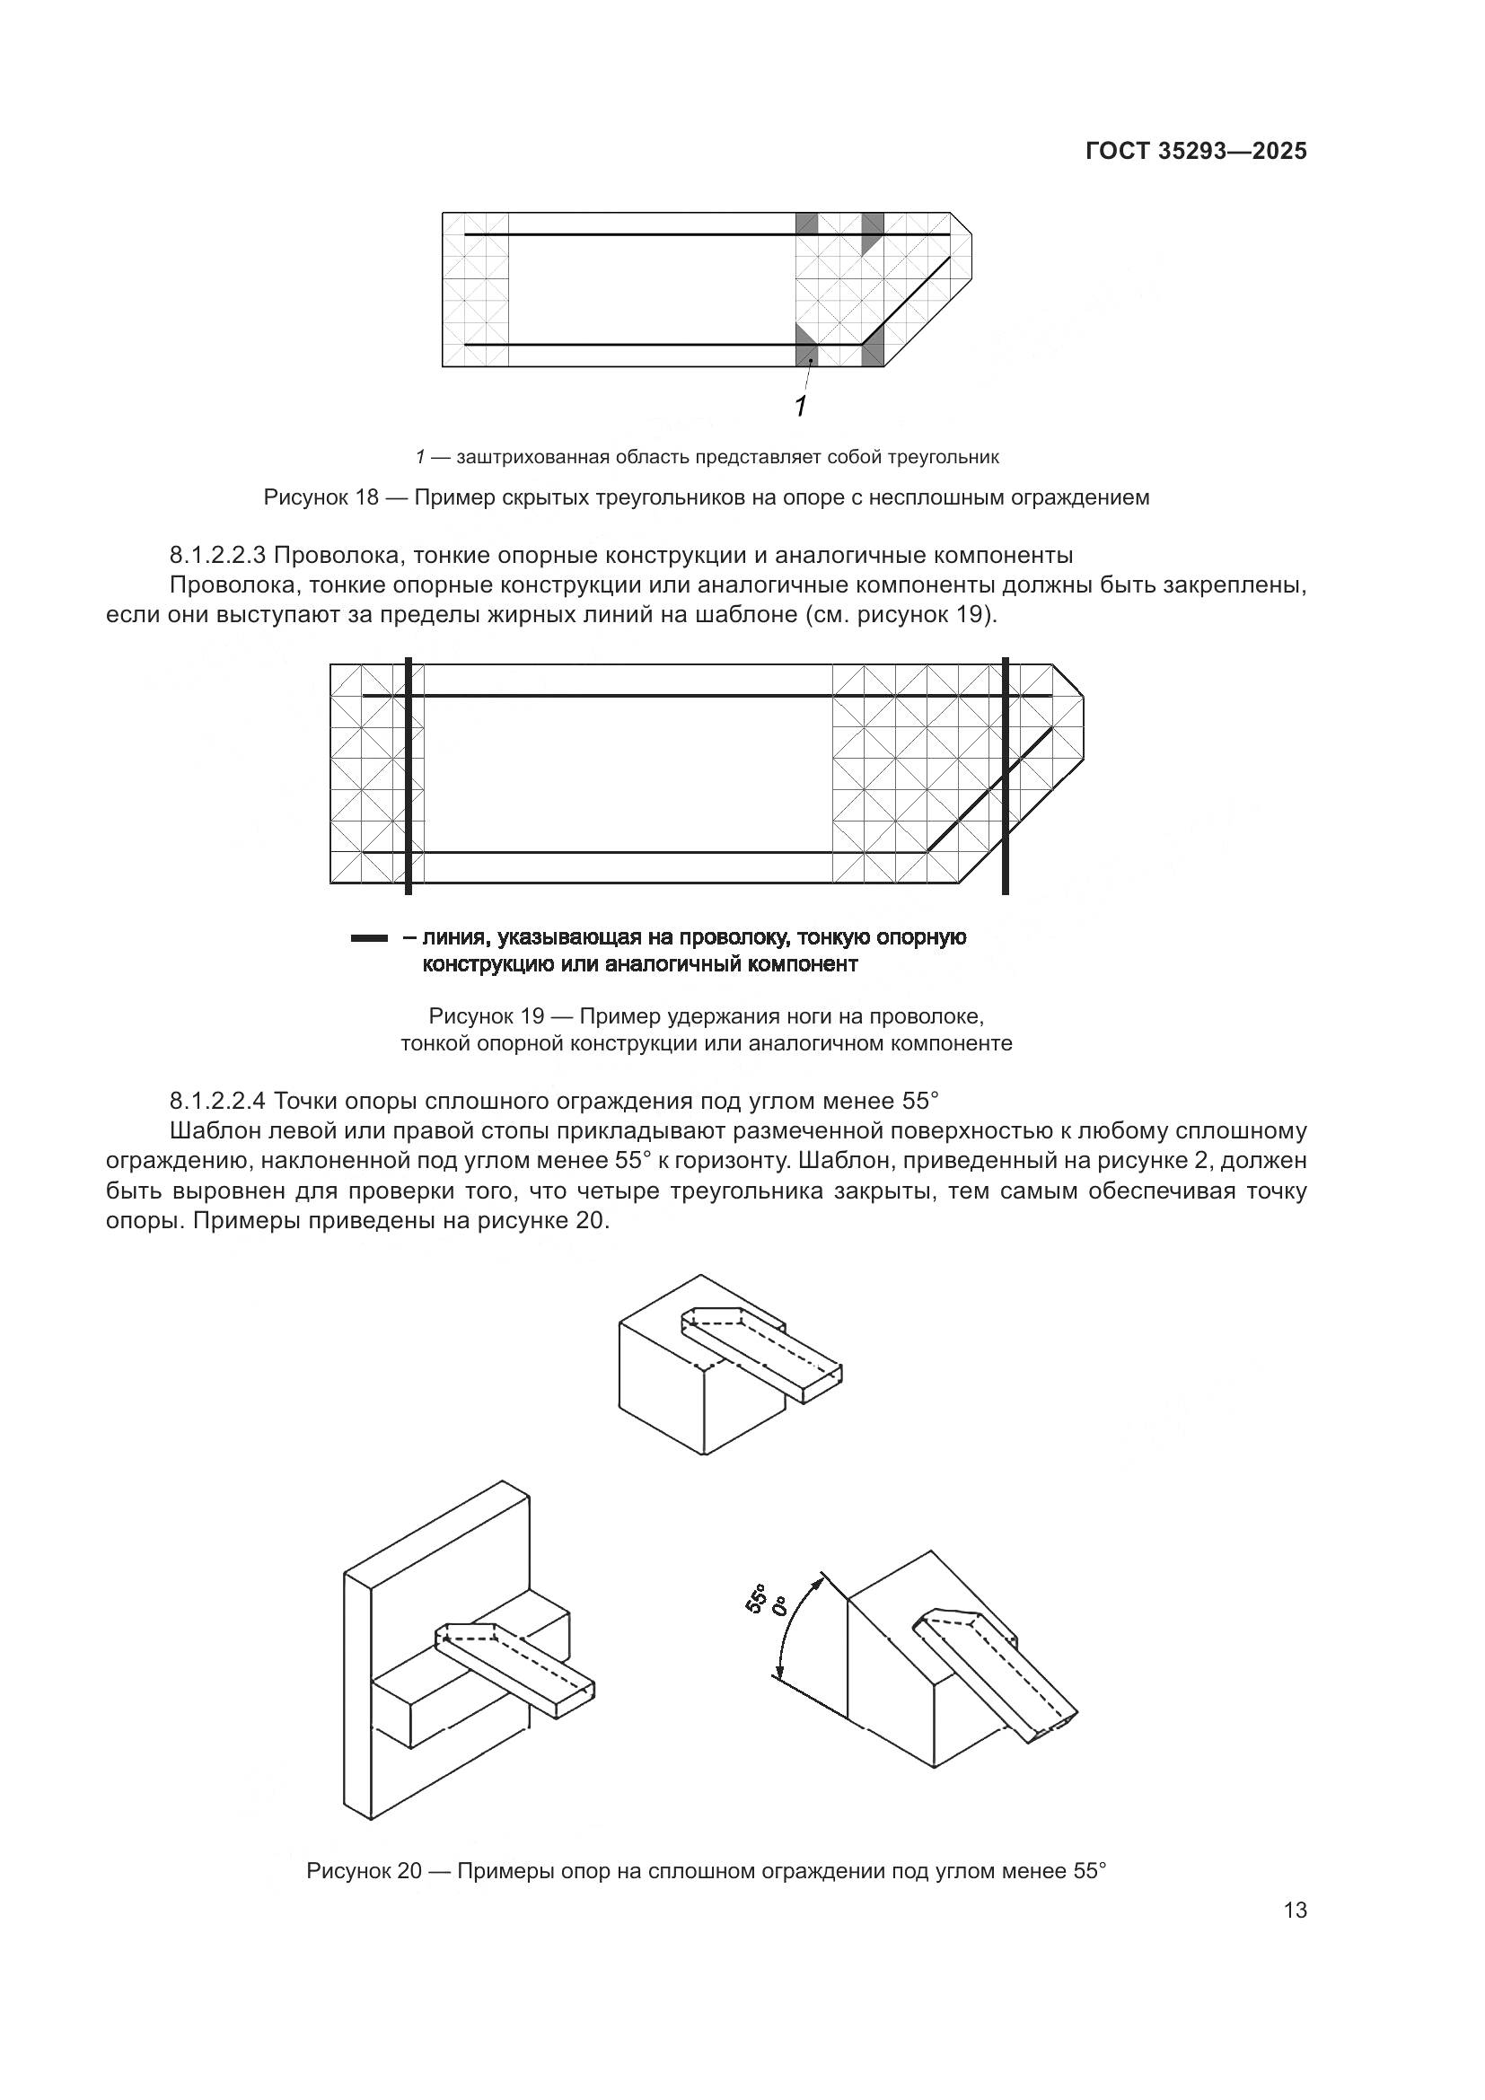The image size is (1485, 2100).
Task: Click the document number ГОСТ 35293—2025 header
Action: (1196, 152)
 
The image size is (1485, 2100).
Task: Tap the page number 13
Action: (1295, 1910)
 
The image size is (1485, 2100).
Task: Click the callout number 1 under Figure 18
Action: (801, 406)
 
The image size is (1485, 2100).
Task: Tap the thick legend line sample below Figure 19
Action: (369, 938)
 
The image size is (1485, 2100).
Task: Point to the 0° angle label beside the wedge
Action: (780, 1605)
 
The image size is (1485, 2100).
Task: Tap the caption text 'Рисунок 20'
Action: (363, 1870)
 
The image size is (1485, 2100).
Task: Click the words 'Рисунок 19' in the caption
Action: (486, 1016)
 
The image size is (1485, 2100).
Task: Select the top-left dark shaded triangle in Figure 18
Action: (805, 223)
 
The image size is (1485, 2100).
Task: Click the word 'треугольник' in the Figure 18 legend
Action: (950, 457)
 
